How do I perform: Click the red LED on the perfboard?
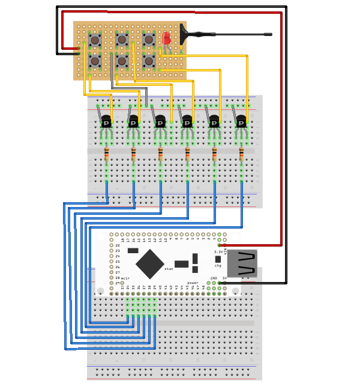166,38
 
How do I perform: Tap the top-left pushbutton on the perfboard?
95,40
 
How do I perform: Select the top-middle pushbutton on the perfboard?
122,40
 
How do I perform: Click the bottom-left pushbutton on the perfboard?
95,61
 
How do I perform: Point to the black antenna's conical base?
184,34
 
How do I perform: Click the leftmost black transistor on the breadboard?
106,121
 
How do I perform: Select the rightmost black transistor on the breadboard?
241,121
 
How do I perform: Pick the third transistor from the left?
160,121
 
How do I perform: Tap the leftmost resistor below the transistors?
106,155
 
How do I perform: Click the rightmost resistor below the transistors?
241,155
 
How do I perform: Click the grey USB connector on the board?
242,263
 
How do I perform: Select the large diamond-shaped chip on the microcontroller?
150,264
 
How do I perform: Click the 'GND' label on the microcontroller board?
214,278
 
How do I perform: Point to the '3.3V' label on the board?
218,252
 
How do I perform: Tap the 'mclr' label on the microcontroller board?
125,278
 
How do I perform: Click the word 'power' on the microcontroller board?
193,283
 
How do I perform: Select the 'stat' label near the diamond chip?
169,269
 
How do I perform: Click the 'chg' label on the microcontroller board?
218,265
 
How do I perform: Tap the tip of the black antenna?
271,34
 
